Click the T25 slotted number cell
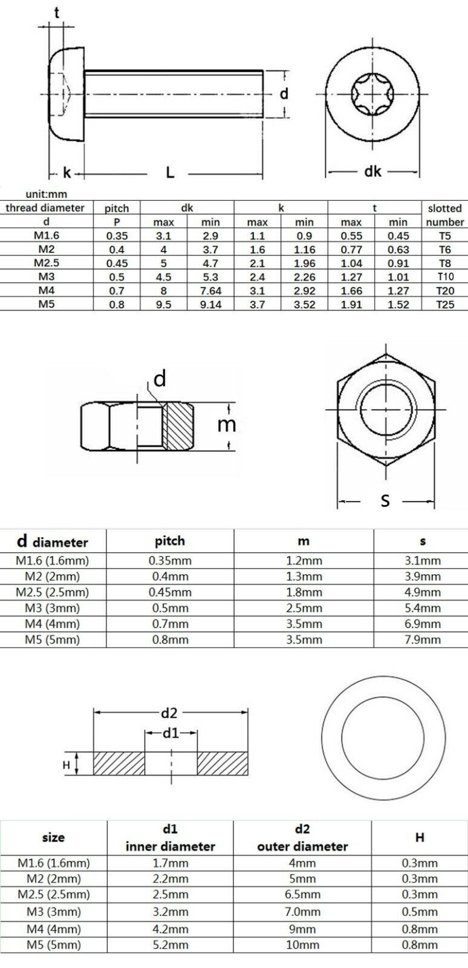(444, 305)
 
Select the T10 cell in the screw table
(444, 276)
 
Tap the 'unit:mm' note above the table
(46, 194)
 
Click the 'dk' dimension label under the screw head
(372, 172)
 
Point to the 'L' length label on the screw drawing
(170, 173)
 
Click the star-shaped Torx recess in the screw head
(372, 94)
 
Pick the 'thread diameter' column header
(45, 208)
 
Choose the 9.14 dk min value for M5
(210, 305)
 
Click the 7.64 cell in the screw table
(210, 291)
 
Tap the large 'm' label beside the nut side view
(226, 425)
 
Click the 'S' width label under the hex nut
(385, 500)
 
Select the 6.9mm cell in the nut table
(422, 624)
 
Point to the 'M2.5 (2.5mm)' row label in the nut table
(52, 592)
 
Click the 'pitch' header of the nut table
(170, 541)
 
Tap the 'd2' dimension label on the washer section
(169, 713)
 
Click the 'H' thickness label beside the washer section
(66, 765)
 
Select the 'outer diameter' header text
(302, 846)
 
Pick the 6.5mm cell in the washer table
(302, 894)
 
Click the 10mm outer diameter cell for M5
(302, 944)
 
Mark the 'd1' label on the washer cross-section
(171, 733)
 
